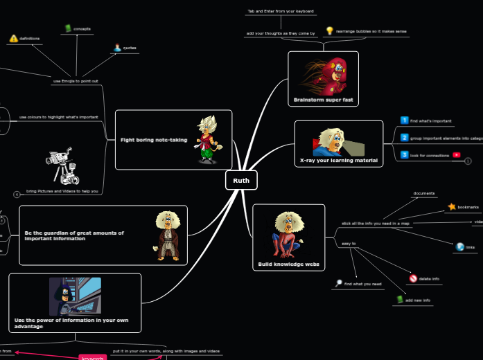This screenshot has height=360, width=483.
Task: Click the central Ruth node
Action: pyautogui.click(x=241, y=180)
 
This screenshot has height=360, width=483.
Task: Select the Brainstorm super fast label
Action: pyautogui.click(x=323, y=100)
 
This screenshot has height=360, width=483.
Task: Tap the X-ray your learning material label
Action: pyautogui.click(x=339, y=161)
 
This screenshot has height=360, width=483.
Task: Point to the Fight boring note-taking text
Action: pyautogui.click(x=154, y=140)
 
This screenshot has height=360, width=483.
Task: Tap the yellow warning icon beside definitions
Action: pyautogui.click(x=13, y=39)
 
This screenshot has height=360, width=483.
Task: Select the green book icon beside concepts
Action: pyautogui.click(x=67, y=28)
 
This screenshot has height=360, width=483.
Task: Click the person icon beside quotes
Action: pyautogui.click(x=117, y=48)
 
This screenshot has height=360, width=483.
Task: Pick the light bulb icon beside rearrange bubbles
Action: pyautogui.click(x=330, y=30)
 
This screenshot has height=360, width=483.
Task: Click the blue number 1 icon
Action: pyautogui.click(x=405, y=120)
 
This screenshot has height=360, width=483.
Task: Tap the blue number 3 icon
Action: pyautogui.click(x=405, y=155)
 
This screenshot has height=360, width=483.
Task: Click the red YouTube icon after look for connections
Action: pyautogui.click(x=457, y=155)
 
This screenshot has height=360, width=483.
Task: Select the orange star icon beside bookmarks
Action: pyautogui.click(x=452, y=206)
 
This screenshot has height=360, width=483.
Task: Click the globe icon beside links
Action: pyautogui.click(x=459, y=246)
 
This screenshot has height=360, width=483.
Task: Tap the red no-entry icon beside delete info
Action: pyautogui.click(x=413, y=278)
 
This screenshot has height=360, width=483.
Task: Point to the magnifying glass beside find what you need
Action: pyautogui.click(x=338, y=283)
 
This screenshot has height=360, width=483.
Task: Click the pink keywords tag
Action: pyautogui.click(x=92, y=357)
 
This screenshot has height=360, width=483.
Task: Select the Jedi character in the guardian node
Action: pyautogui.click(x=166, y=235)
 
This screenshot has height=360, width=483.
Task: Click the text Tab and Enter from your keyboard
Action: pyautogui.click(x=281, y=11)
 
